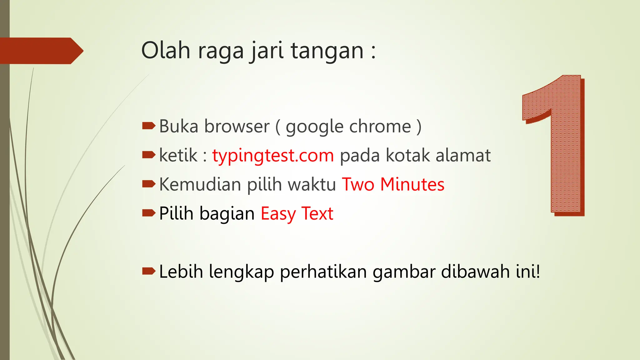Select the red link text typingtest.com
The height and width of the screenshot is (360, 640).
pos(273,156)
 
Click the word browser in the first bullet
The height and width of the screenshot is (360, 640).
pos(237,127)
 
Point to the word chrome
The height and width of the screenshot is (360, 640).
pos(380,127)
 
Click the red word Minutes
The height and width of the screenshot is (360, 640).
pos(412,184)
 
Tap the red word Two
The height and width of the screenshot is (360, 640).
pos(358,184)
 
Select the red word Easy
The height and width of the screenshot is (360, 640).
pos(278,214)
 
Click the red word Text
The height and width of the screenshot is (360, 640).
pos(317,214)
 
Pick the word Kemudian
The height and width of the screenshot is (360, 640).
pos(200,184)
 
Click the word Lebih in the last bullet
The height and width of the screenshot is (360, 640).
pos(181,271)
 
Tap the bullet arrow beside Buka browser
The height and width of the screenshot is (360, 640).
pos(149,126)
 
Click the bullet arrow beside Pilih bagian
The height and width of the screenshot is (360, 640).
pos(149,213)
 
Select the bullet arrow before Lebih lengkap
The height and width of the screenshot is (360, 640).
pos(149,271)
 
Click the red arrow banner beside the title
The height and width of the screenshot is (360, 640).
pos(41,51)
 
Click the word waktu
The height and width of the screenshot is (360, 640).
pos(312,184)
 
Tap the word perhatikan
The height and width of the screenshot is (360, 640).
pos(323,272)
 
